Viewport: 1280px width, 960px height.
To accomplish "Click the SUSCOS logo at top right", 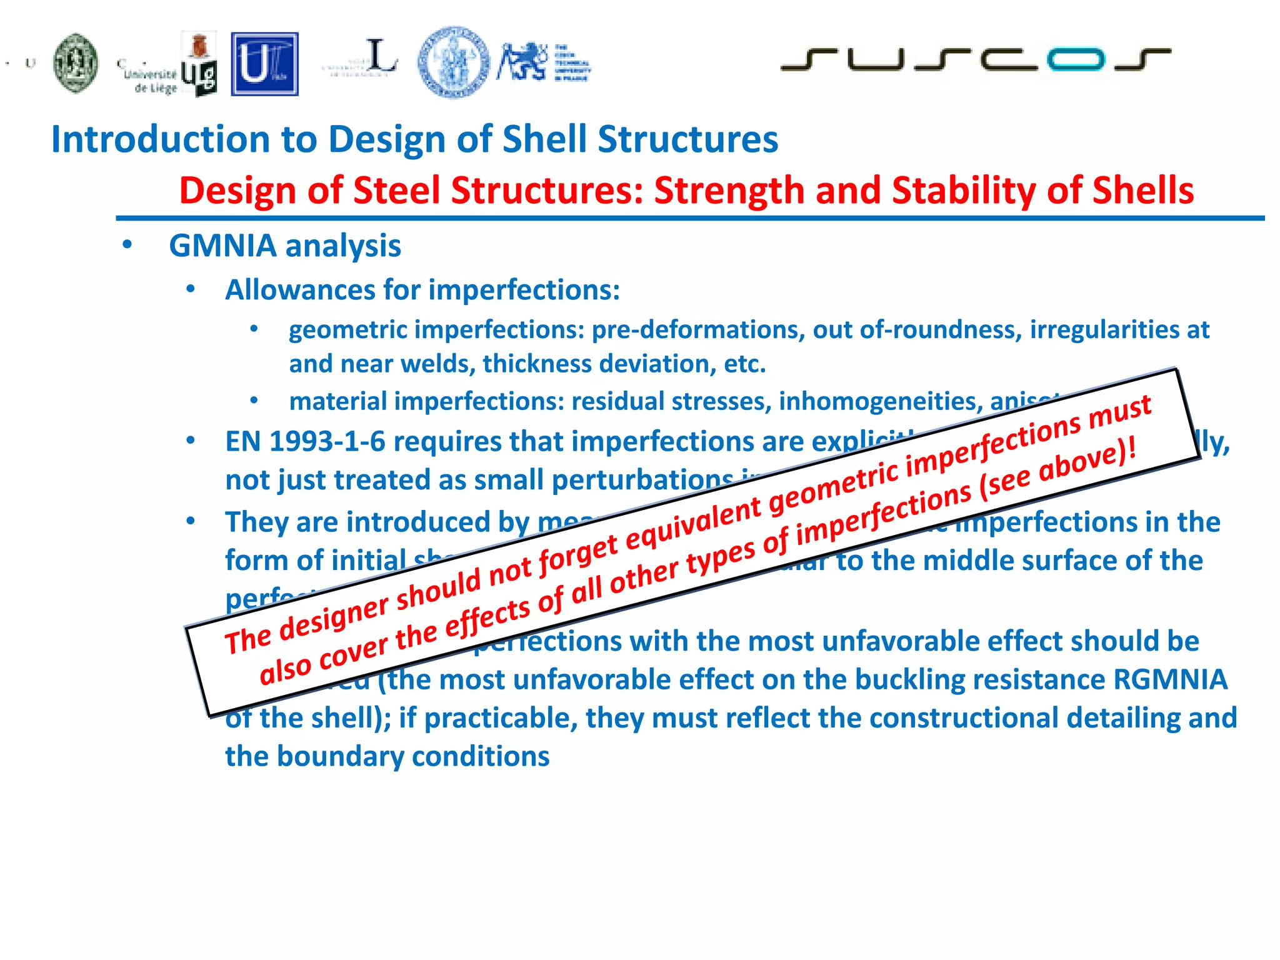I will (x=975, y=59).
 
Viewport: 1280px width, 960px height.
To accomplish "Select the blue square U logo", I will (x=264, y=64).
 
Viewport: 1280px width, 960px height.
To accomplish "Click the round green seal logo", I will (x=76, y=63).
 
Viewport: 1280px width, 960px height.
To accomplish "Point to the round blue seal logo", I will (x=453, y=62).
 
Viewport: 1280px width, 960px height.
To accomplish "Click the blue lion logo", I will (x=522, y=62).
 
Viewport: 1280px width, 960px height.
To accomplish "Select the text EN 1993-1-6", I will (x=306, y=442).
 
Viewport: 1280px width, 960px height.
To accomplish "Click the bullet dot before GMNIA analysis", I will (x=127, y=245).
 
